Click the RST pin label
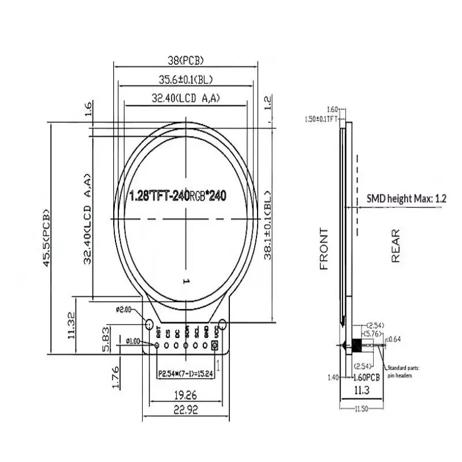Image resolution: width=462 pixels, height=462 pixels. click(157, 332)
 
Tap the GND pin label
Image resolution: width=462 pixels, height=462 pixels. click(206, 332)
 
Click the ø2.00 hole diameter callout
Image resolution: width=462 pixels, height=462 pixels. click(124, 310)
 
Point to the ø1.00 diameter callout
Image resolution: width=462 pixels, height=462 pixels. click(133, 340)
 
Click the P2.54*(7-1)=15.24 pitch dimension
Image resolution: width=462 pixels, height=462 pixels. click(184, 373)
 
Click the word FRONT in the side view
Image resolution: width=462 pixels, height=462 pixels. click(324, 249)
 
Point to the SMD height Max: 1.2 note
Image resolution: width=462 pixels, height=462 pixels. click(407, 199)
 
